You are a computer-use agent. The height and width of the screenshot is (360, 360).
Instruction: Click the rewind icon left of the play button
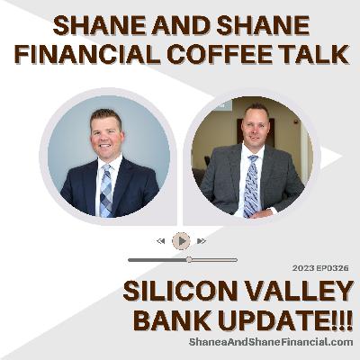161,240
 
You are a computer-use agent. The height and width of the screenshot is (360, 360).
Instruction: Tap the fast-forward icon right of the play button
202,240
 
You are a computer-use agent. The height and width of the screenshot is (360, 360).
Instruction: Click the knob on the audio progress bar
189,259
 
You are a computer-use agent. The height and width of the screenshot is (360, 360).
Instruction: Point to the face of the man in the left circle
105,133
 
